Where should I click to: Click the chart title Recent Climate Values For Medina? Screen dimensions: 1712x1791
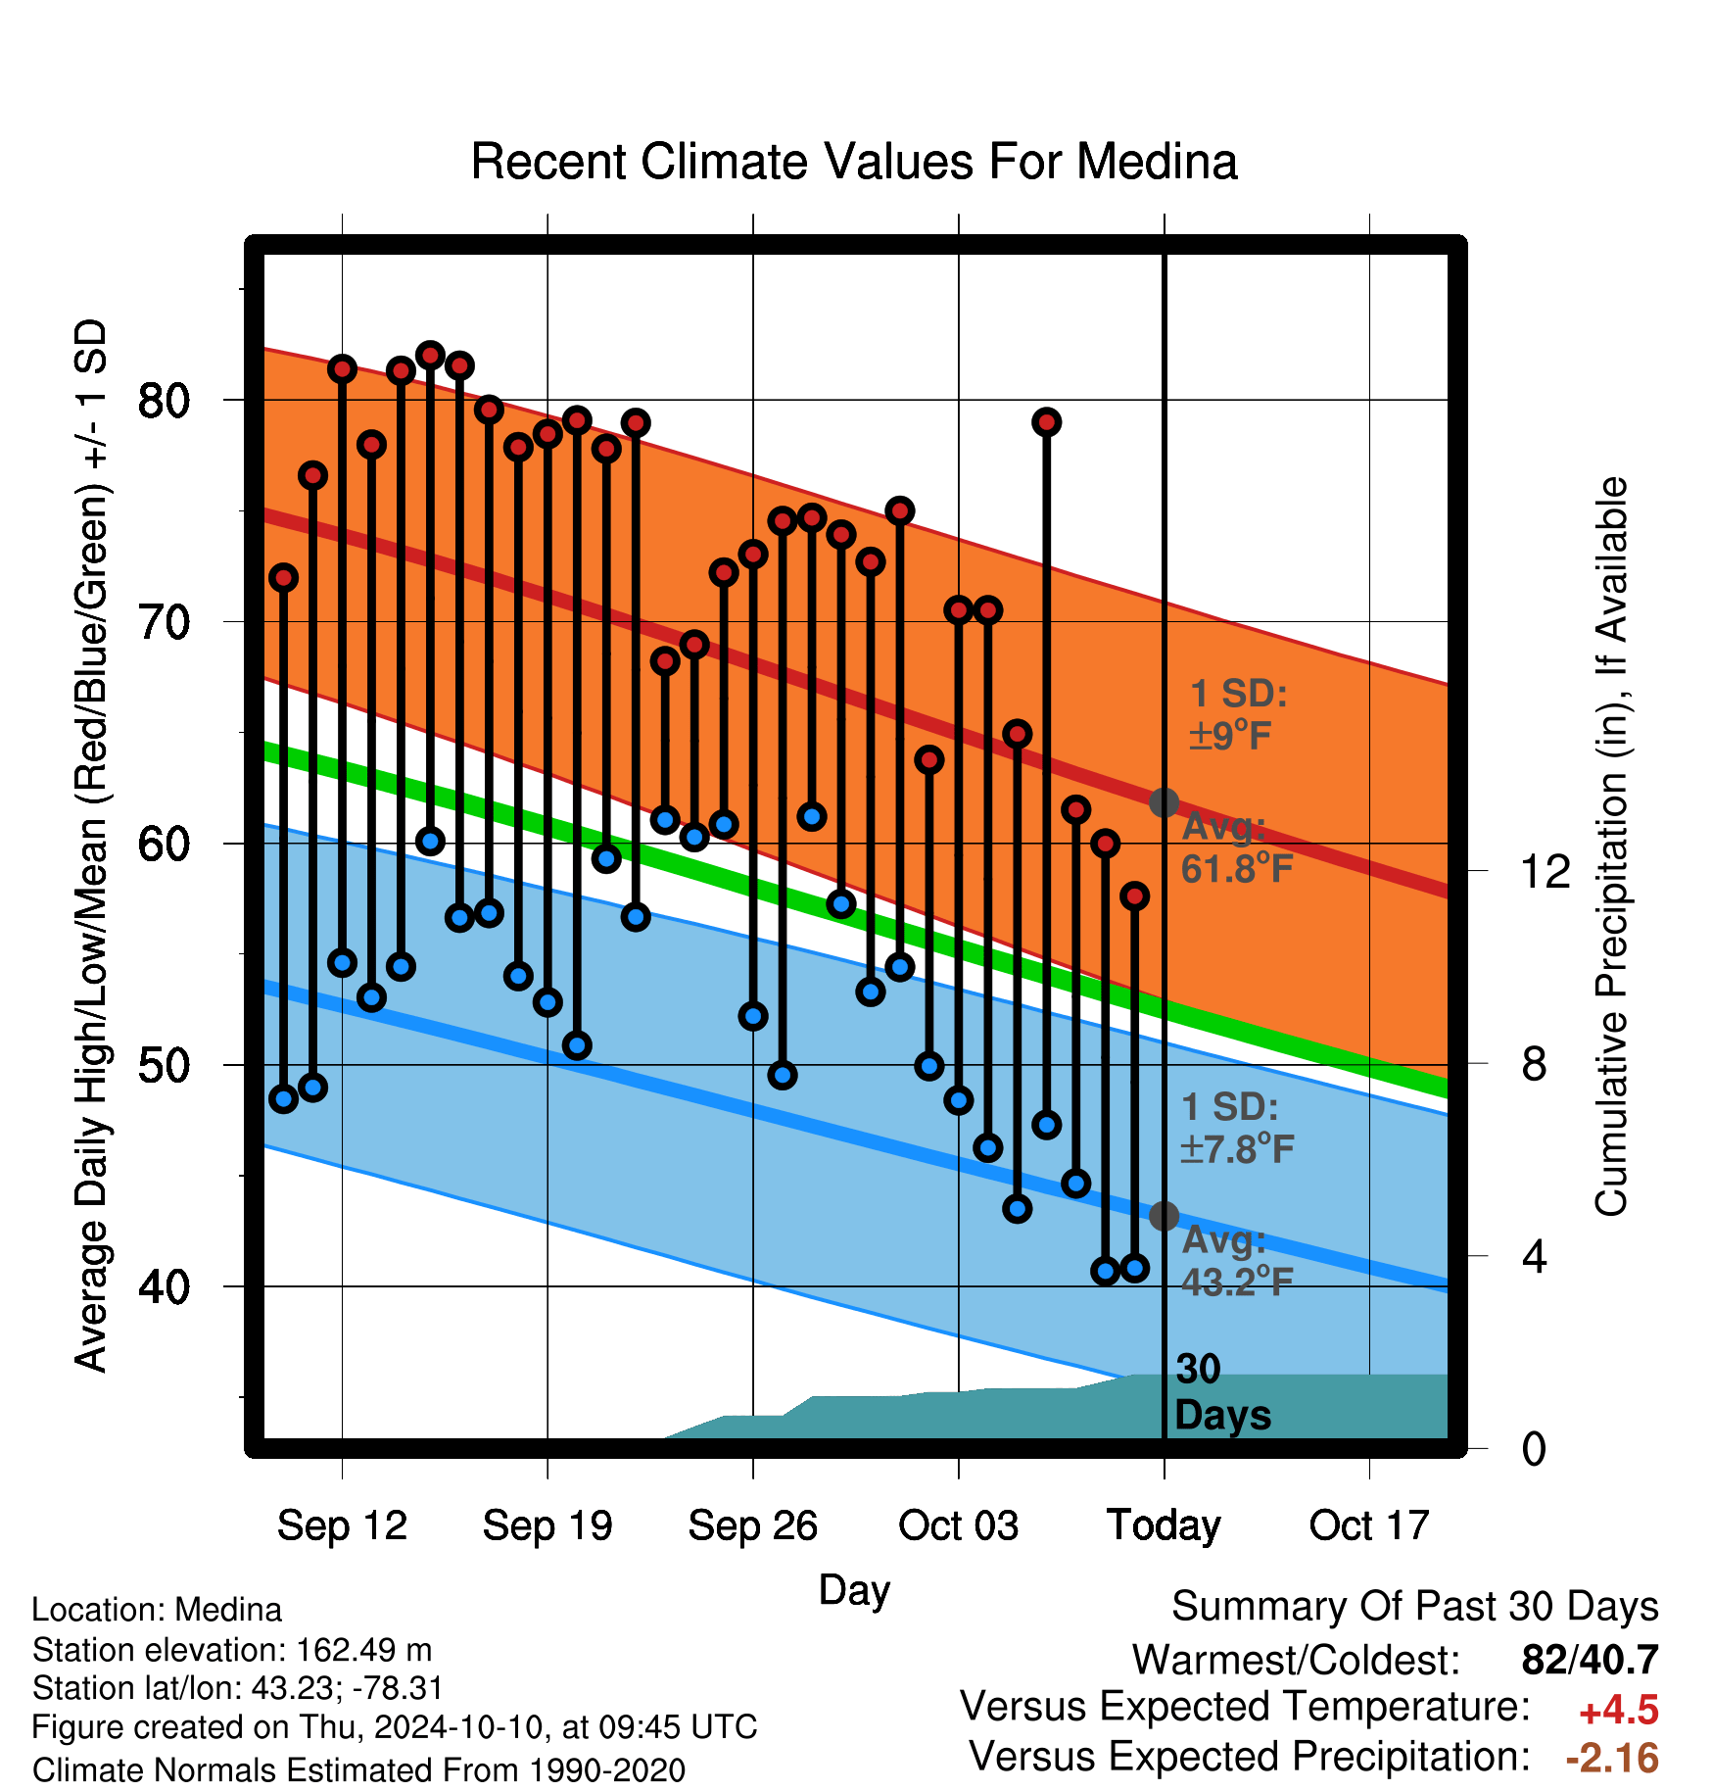click(x=854, y=162)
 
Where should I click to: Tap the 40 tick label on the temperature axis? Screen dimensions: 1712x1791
click(x=164, y=1286)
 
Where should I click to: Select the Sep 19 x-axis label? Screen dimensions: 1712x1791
click(x=547, y=1525)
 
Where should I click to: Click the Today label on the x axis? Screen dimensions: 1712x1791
click(x=1164, y=1525)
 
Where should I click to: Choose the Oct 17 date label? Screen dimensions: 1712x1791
click(x=1369, y=1525)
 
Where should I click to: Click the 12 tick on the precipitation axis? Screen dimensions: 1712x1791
click(x=1546, y=871)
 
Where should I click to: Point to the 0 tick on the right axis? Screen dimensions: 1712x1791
click(x=1534, y=1448)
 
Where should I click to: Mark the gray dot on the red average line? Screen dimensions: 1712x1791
click(x=1164, y=802)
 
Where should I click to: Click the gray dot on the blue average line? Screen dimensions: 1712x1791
click(x=1164, y=1216)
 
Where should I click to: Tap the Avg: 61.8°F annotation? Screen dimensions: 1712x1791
click(x=1237, y=847)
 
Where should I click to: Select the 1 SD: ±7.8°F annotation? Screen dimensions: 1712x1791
click(x=1237, y=1128)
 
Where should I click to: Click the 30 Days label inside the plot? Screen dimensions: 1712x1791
click(x=1222, y=1392)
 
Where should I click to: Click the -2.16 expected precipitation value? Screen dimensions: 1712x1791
click(x=1612, y=1759)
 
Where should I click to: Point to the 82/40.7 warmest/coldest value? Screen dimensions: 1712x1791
click(x=1591, y=1661)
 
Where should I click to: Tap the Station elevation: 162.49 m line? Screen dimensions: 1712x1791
click(x=232, y=1650)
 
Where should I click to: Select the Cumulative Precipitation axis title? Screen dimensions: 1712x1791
click(x=1611, y=847)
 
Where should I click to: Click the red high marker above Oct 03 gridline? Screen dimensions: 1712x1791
click(x=958, y=610)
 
